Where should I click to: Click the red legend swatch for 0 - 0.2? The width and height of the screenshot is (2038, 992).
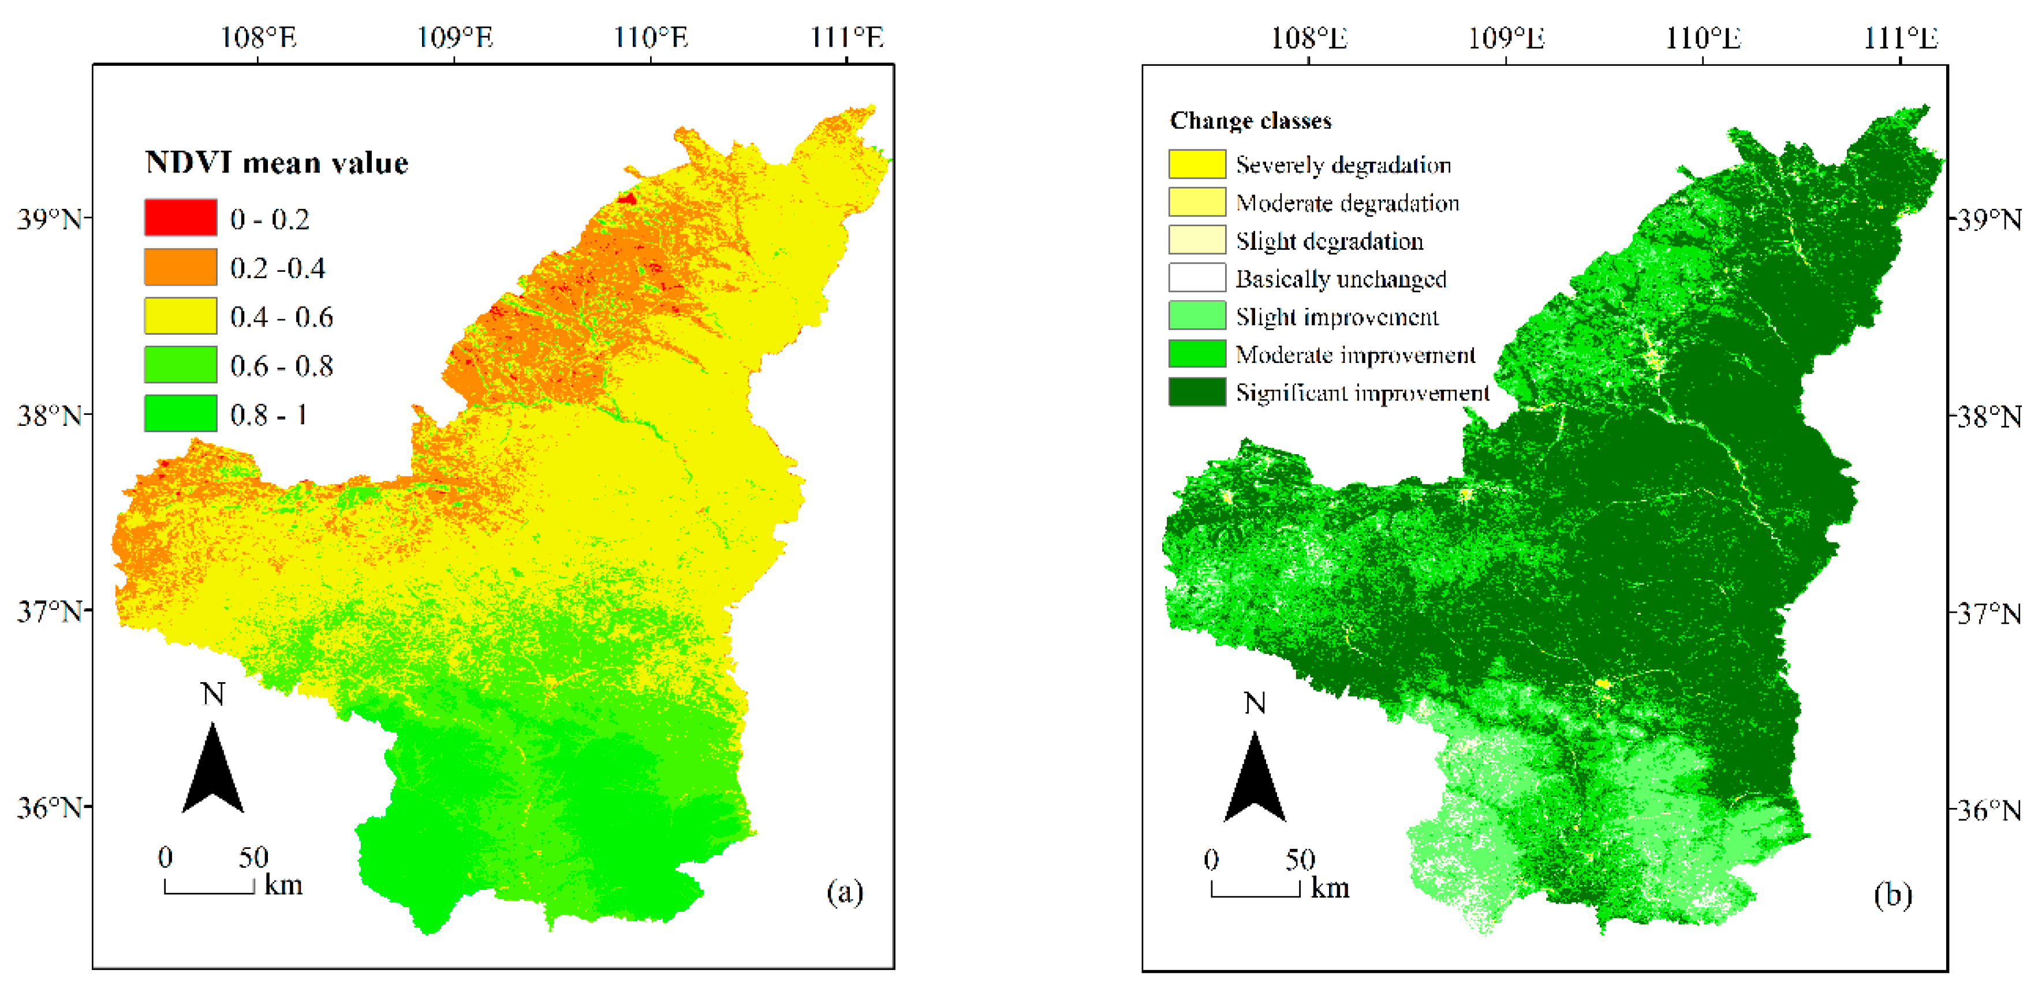pos(180,218)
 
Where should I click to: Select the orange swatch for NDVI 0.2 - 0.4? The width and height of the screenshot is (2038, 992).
pos(180,267)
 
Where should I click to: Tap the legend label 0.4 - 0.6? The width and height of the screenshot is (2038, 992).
pos(282,317)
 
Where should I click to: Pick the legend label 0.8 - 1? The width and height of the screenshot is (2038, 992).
pos(268,414)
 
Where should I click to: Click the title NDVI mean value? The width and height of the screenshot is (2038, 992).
pos(277,163)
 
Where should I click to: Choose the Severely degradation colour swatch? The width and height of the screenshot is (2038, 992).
pos(1197,164)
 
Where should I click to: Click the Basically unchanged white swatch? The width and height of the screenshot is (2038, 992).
pos(1197,279)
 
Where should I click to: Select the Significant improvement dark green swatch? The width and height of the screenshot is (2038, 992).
pos(1197,392)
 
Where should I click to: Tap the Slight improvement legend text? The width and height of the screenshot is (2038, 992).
pos(1337,317)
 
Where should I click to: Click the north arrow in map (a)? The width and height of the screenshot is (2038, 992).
pos(213,768)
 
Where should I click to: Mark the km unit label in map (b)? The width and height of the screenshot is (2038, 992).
pos(1330,888)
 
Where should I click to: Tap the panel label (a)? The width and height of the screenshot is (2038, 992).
pos(845,892)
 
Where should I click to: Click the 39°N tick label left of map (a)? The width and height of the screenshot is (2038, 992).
pos(49,219)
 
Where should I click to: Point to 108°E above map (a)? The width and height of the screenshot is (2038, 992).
pos(258,37)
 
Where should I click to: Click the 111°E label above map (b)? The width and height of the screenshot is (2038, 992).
pos(1901,37)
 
